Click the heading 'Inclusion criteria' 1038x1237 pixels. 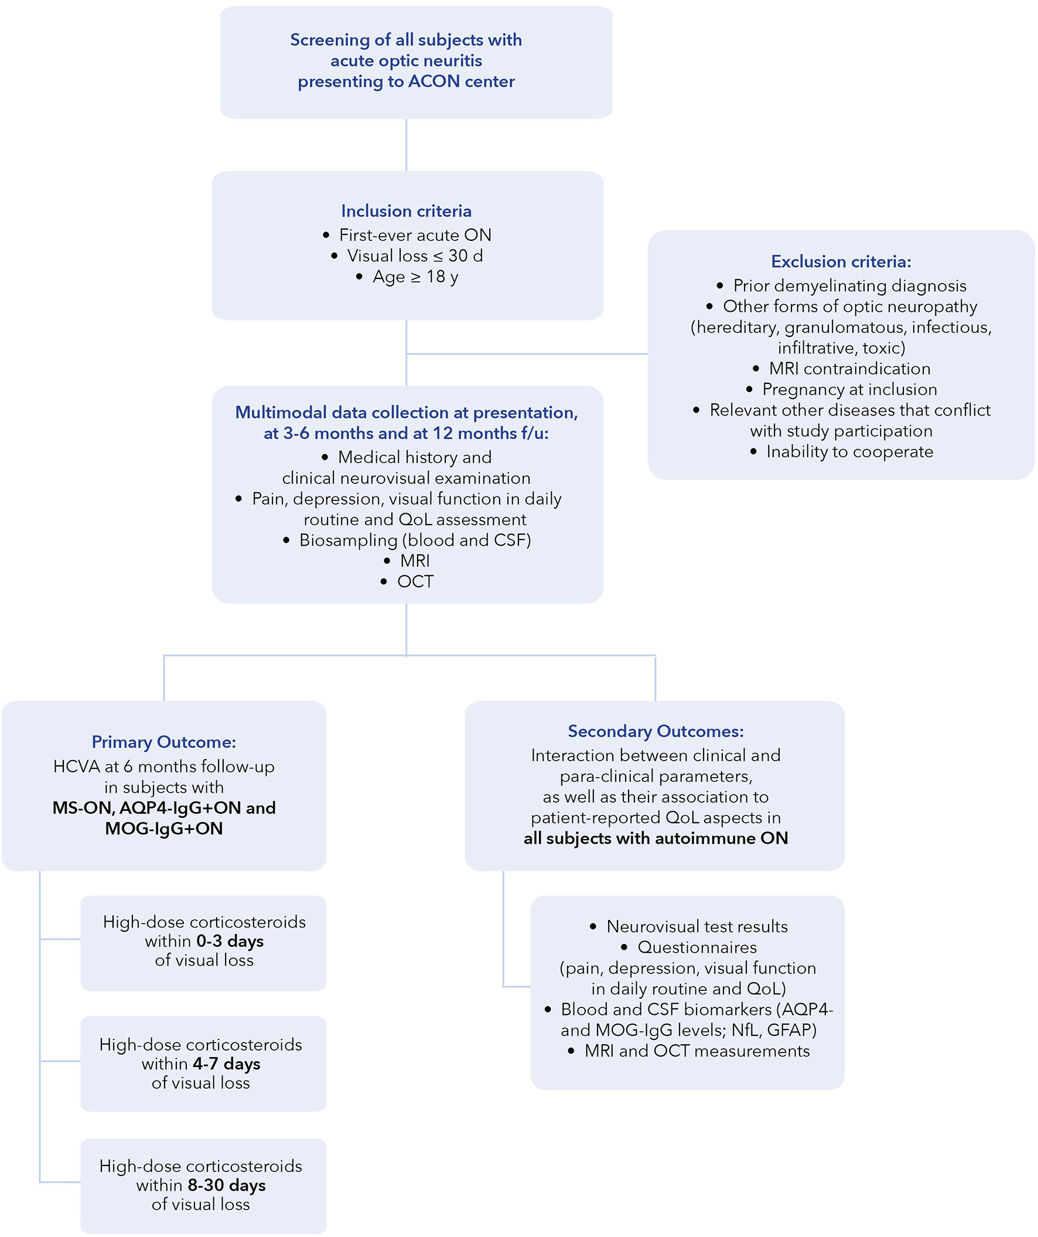tap(407, 211)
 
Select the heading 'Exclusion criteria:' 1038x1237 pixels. tap(841, 261)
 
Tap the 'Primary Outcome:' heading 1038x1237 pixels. tap(163, 742)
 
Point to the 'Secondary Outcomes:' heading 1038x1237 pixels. tap(655, 731)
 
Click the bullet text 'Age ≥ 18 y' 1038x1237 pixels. tap(415, 277)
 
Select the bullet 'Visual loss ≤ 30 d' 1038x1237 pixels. tap(415, 255)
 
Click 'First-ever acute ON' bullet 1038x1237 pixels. tap(415, 235)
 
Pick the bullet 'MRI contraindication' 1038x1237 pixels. tap(849, 369)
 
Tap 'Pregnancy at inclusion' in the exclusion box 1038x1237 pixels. tap(849, 389)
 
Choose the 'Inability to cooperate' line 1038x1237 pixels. tap(849, 452)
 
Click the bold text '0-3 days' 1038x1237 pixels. tap(230, 941)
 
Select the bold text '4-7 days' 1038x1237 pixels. tap(226, 1064)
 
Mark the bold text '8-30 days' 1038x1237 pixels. tap(226, 1185)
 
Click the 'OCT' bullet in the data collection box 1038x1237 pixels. tap(415, 582)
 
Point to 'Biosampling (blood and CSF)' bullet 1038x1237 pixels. tap(415, 540)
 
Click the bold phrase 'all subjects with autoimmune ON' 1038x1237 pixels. tap(655, 838)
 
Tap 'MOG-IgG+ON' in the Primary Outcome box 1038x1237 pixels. tap(163, 829)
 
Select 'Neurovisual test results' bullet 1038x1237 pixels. tap(696, 926)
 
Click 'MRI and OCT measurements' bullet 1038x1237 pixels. tap(696, 1051)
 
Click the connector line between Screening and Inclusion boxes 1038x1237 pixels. tap(407, 145)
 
